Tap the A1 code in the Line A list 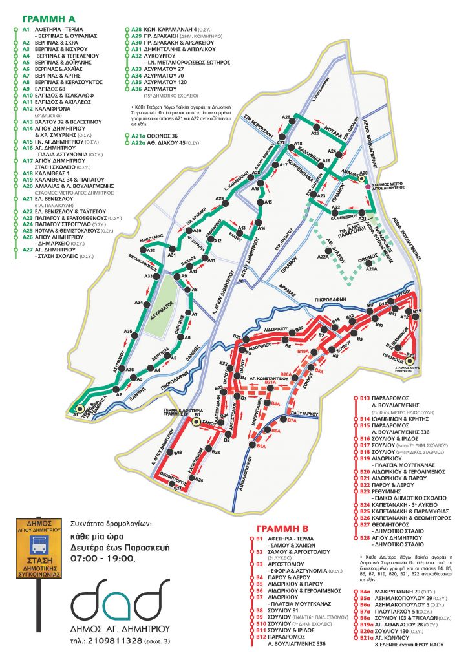point(26,30)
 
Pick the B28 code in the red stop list point(365,536)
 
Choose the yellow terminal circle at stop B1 point(195,422)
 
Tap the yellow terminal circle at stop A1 point(80,409)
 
